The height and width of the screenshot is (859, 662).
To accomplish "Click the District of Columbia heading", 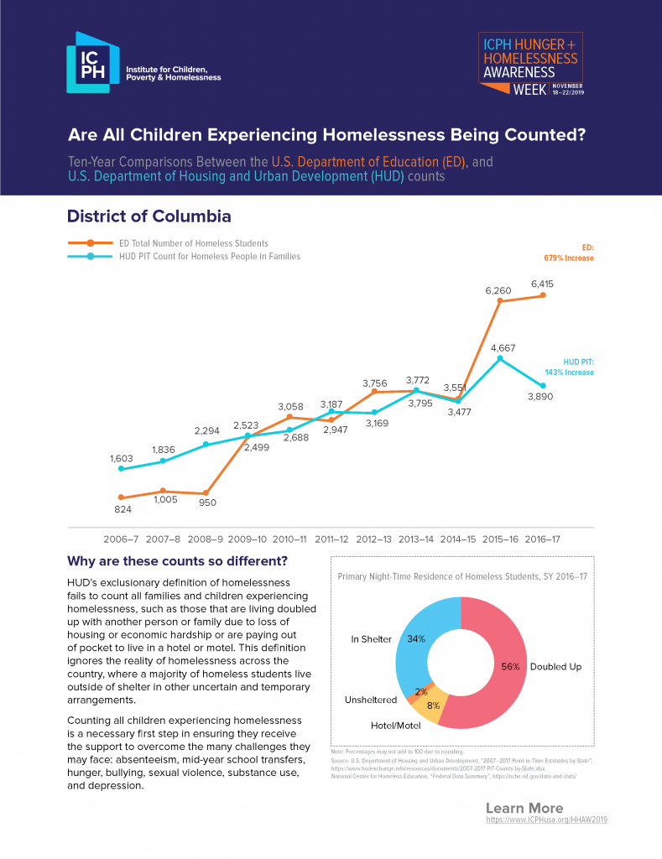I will pos(149,216).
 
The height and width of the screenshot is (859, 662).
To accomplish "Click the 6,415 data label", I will pos(541,284).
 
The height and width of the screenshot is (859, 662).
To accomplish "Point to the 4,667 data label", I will pos(502,347).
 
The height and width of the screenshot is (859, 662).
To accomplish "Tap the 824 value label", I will pos(122,509).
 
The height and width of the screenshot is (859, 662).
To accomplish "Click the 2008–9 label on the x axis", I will pos(206,539).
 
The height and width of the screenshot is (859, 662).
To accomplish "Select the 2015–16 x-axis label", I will pos(500,539).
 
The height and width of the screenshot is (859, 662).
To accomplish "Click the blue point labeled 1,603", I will pos(122,468).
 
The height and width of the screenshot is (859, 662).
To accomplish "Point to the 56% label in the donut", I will pos(510,666).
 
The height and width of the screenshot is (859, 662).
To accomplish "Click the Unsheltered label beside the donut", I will pos(371,700).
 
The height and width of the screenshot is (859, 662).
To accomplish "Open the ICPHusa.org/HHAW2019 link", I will pos(546,819).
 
